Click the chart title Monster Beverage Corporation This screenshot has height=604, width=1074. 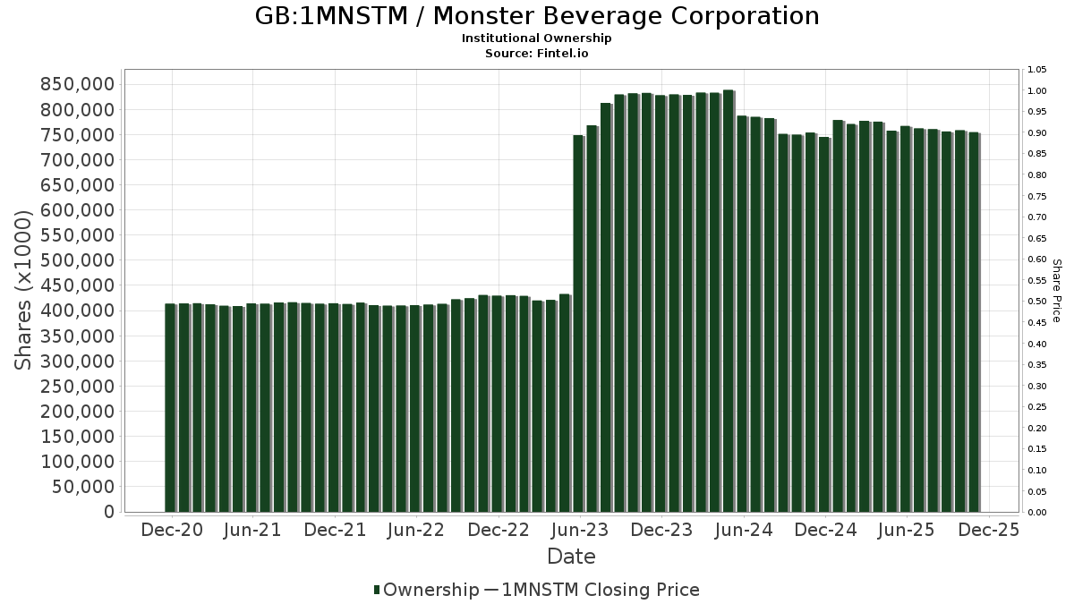pos(536,16)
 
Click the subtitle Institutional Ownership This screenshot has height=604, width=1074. pos(536,38)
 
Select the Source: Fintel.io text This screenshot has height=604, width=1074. pos(536,54)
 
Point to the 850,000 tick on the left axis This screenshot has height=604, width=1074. pos(78,84)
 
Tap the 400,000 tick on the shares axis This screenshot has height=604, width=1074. pos(78,311)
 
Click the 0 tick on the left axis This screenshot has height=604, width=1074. pos(109,512)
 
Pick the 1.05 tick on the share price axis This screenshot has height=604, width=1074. pos(1037,70)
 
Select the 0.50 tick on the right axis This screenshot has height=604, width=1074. pos(1037,302)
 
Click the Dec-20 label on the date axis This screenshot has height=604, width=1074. pos(172,531)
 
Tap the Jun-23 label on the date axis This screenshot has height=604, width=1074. pos(580,531)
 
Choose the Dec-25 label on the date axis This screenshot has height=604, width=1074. pos(988,531)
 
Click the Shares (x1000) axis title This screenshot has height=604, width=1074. pos(24,289)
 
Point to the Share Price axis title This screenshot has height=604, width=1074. pos(1057,291)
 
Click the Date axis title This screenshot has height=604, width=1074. pos(571,557)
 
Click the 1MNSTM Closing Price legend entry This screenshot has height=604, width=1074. pos(601,590)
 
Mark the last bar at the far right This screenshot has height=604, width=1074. pos(974,322)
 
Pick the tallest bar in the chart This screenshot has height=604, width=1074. pos(729,301)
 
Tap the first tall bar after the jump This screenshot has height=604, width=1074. pos(578,323)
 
